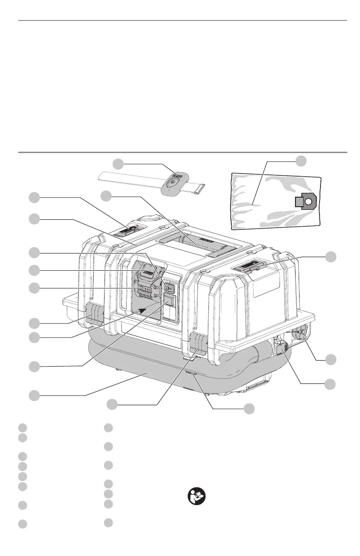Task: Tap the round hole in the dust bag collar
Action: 308,201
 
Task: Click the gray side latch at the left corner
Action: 95,313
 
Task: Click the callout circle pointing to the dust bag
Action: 300,160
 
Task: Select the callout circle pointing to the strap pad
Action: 118,164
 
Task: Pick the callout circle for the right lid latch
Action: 331,256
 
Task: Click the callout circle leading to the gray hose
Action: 33,395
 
